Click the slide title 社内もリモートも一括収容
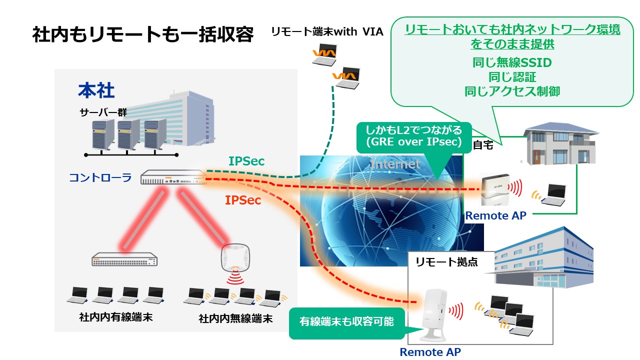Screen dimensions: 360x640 tap(143, 36)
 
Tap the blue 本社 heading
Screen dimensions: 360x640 tap(96, 91)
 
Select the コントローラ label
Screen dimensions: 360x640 tap(100, 177)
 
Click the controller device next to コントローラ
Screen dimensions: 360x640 tap(173, 177)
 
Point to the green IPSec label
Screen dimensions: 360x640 tap(246, 161)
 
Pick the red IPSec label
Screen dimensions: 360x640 tap(242, 200)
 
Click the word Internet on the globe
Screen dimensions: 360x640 tap(395, 164)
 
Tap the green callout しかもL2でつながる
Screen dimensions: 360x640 tap(413, 136)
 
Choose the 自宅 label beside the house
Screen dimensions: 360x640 tap(483, 146)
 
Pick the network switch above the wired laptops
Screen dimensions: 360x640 tap(124, 259)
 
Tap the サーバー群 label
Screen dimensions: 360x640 tap(103, 112)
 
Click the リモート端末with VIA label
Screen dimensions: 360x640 tap(327, 32)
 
